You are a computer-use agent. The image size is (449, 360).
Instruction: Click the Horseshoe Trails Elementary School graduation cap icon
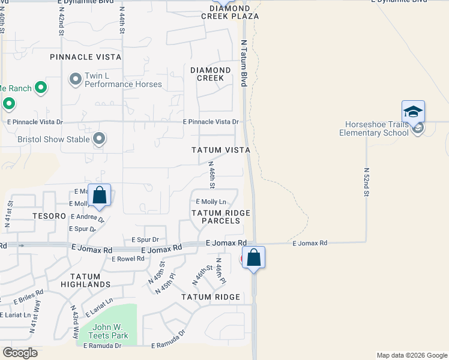pos(413,112)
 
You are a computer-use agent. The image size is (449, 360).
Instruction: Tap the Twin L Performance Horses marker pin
pos(76,79)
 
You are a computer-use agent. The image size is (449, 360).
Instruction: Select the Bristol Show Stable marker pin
pos(100,139)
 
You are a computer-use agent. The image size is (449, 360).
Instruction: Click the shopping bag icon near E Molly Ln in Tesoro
pos(100,195)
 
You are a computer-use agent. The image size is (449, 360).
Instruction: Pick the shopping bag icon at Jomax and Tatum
pos(254,258)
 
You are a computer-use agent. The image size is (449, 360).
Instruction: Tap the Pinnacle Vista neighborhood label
pos(86,57)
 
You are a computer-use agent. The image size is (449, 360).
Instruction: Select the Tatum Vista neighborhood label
pos(220,149)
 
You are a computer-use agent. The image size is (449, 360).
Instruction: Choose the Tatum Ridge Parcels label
pos(216,217)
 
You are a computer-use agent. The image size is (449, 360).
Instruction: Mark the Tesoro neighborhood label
pos(50,215)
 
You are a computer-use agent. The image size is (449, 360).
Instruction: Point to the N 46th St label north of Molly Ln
pos(211,172)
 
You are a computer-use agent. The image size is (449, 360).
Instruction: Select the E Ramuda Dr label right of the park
pos(169,346)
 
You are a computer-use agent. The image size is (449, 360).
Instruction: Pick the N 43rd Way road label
pos(76,324)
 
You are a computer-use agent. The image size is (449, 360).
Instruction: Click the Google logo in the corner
pos(20,353)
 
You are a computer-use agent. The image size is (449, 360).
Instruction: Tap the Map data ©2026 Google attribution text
pos(411,355)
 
